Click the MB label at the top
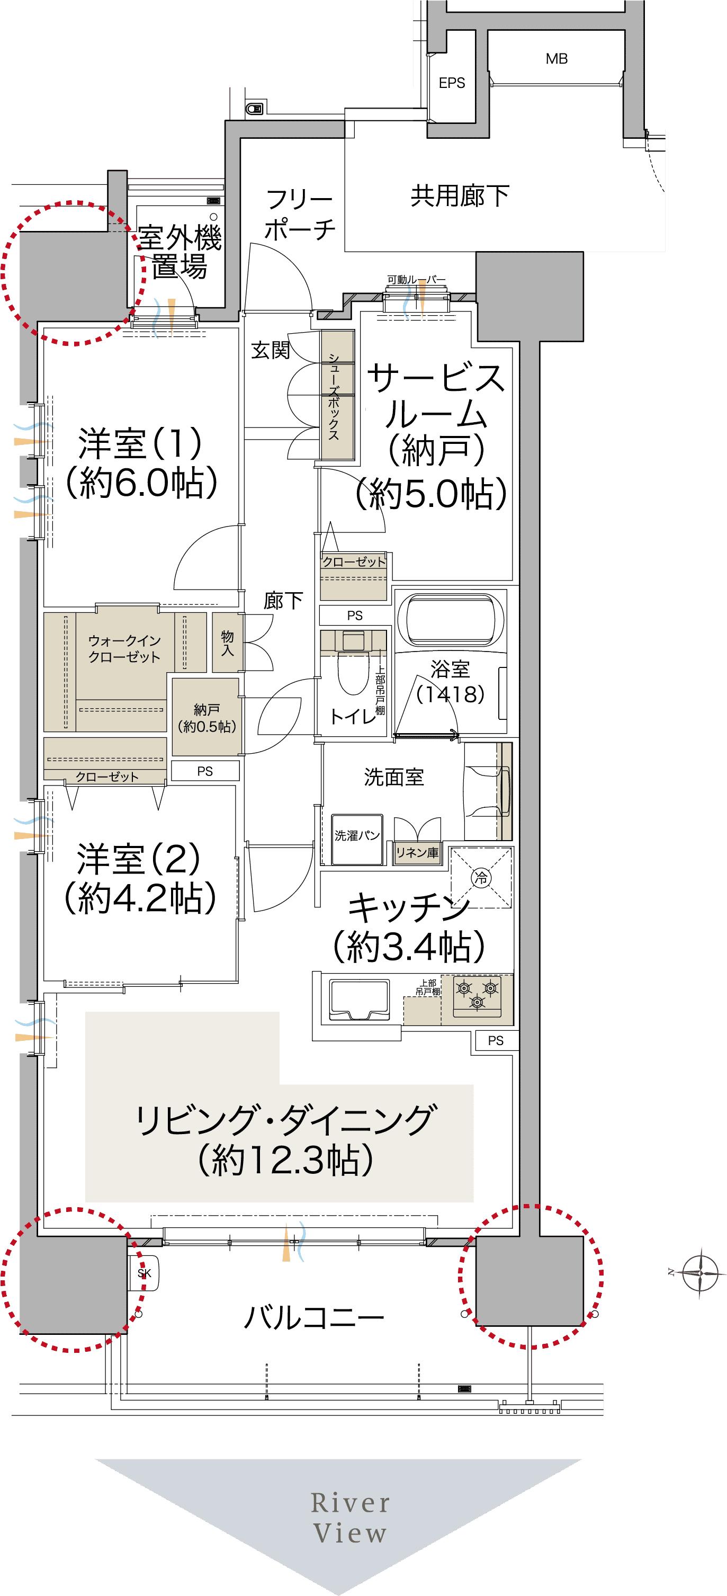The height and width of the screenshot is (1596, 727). (556, 59)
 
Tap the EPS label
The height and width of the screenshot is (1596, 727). (452, 83)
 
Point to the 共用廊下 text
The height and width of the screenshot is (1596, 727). (460, 196)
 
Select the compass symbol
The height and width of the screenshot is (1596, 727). (700, 1272)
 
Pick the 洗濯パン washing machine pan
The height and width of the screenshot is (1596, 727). (357, 840)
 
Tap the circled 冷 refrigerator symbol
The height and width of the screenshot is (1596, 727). (481, 877)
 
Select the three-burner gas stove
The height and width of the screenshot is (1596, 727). (477, 996)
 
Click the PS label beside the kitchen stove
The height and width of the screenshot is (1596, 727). (496, 1040)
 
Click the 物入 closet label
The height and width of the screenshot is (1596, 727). (227, 643)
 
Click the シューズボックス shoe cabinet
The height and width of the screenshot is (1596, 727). (337, 395)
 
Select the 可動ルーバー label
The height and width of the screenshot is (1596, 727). (416, 280)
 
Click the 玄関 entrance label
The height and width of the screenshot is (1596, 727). (271, 350)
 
